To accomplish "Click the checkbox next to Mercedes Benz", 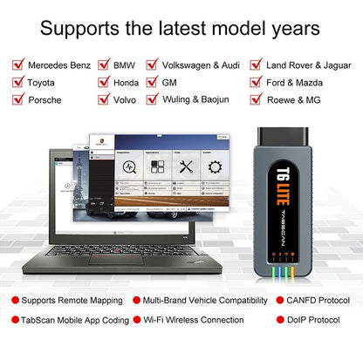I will click(x=17, y=65).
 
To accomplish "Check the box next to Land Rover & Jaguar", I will click(x=257, y=65).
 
